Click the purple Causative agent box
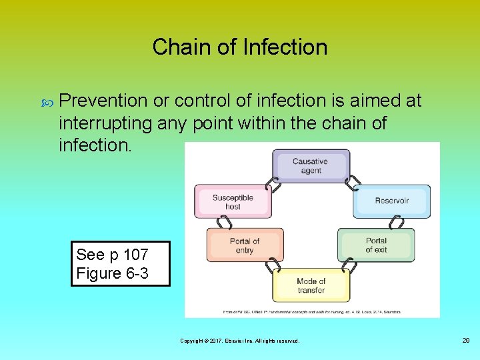311,166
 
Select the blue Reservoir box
391,201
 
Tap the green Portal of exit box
376,245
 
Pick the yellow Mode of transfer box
311,286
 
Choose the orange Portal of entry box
245,245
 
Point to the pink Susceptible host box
233,201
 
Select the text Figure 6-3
112,273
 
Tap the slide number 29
465,341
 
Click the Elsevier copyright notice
240,341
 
